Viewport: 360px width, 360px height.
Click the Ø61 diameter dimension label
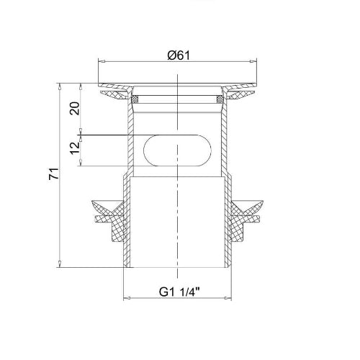pyautogui.click(x=179, y=55)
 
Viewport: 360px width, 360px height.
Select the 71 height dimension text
pyautogui.click(x=54, y=174)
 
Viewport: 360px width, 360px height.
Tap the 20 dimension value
pyautogui.click(x=75, y=108)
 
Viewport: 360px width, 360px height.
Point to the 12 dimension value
pyautogui.click(x=75, y=148)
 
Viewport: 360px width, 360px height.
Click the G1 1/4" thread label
pyautogui.click(x=179, y=292)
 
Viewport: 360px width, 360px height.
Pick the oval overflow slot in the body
pyautogui.click(x=177, y=150)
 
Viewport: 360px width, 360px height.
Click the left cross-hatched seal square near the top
pyautogui.click(x=135, y=99)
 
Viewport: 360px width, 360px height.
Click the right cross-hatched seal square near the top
pyautogui.click(x=220, y=99)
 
